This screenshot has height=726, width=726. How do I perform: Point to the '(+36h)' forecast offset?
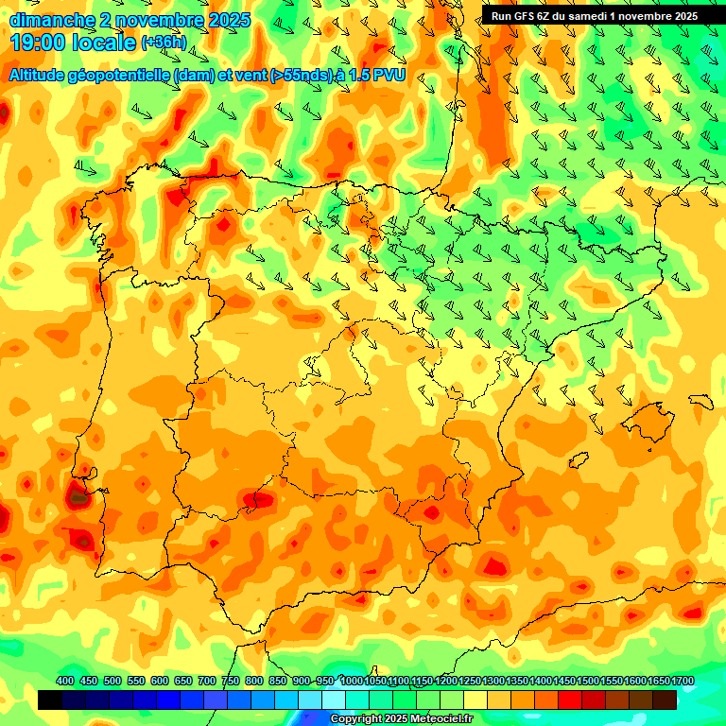(x=164, y=43)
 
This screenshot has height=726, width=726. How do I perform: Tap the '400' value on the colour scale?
(x=65, y=681)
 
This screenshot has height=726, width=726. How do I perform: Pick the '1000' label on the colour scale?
(x=351, y=681)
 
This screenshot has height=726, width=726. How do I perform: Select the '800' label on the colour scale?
(x=254, y=681)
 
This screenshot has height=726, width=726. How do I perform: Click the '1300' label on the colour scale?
(x=493, y=681)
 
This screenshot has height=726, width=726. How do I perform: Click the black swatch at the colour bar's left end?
(x=50, y=700)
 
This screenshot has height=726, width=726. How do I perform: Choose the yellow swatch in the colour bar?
(x=475, y=700)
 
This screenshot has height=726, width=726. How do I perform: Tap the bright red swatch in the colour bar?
(x=570, y=700)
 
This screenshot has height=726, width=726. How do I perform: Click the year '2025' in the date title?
(x=229, y=20)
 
